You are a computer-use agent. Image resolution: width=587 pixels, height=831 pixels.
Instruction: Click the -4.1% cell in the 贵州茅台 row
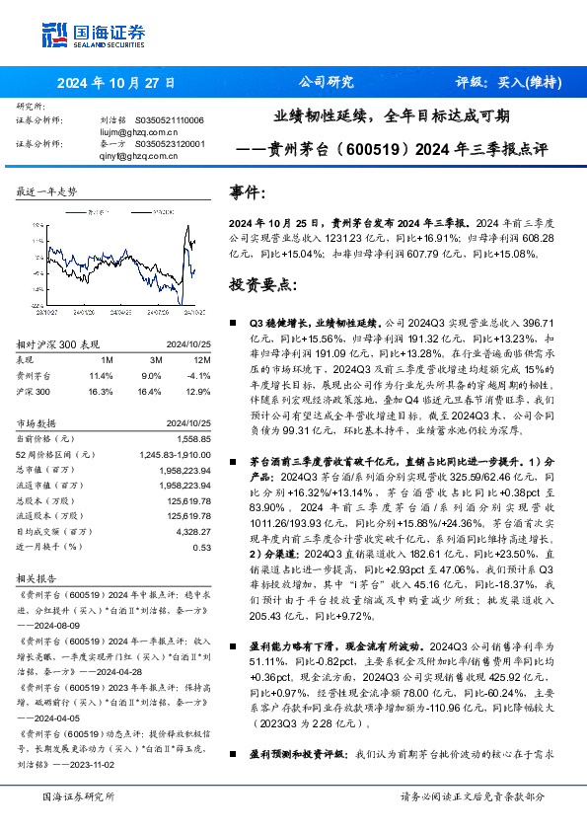pos(199,375)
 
